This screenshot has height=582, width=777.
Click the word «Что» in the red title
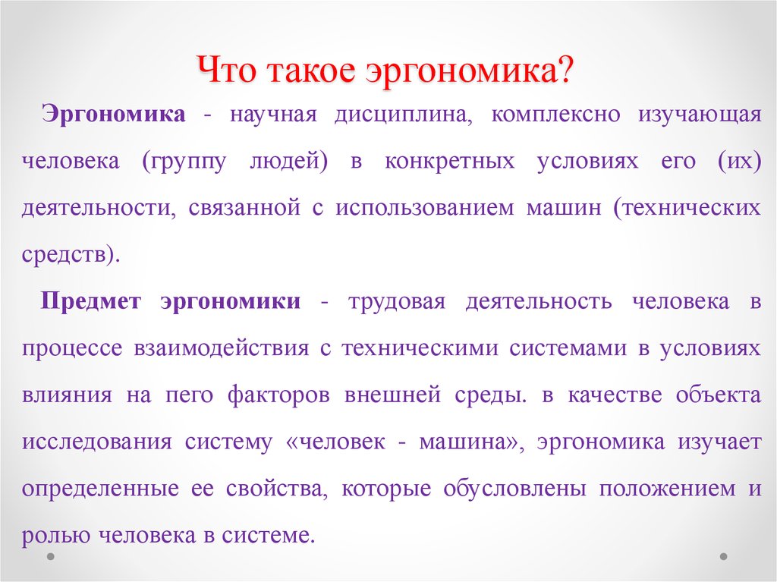(x=227, y=69)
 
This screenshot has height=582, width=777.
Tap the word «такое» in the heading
(x=310, y=71)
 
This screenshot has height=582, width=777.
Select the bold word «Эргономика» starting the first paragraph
(x=114, y=115)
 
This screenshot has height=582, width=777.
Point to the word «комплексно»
(x=556, y=115)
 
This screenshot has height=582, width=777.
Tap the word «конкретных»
(x=450, y=162)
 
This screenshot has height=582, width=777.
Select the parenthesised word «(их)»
(x=739, y=161)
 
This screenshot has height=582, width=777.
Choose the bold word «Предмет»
(x=91, y=301)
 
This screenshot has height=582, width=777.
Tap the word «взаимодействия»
(x=222, y=348)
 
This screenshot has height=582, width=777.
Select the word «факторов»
(x=279, y=395)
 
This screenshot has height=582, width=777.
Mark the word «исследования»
(x=97, y=442)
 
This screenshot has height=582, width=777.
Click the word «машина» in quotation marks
(x=469, y=441)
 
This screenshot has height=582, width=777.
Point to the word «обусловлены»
(x=514, y=489)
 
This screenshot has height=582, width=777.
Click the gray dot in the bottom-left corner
(x=50, y=556)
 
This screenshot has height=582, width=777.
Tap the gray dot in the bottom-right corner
(x=723, y=556)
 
